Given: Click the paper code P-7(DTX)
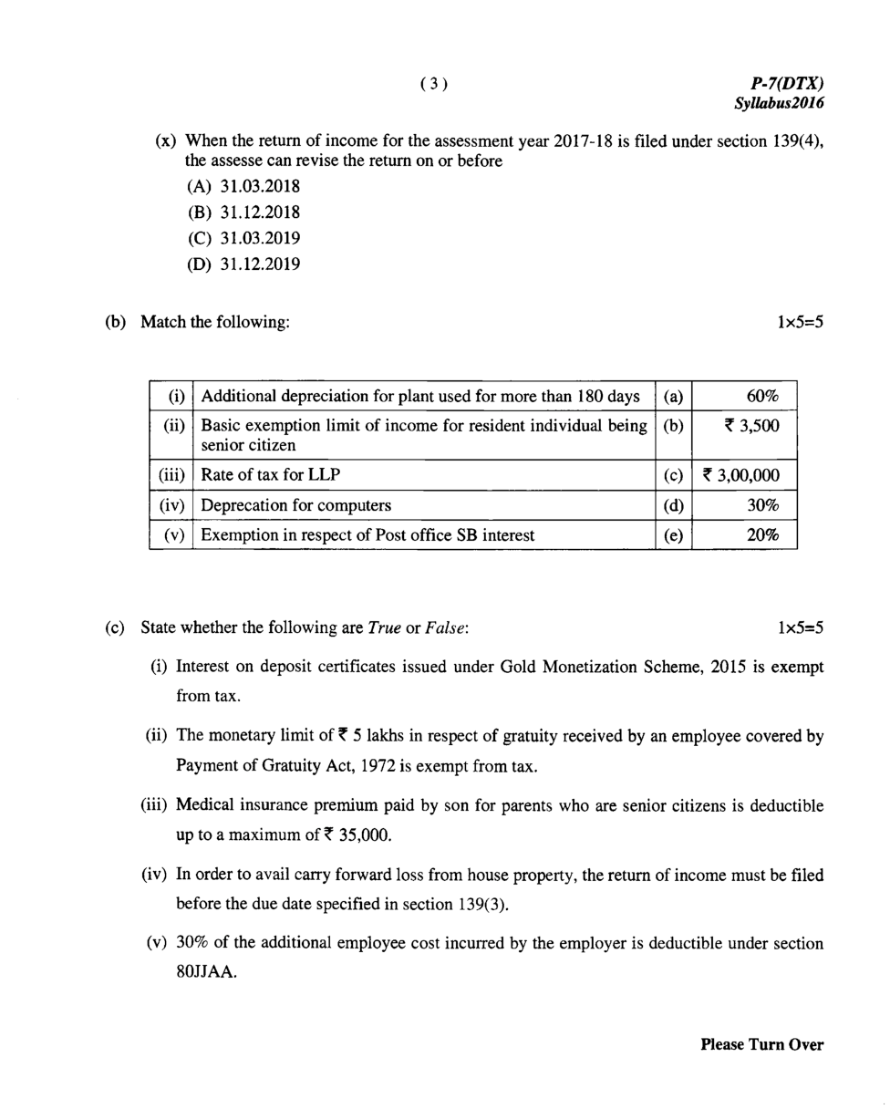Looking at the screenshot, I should click(x=787, y=84).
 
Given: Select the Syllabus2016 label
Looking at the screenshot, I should click(x=780, y=103).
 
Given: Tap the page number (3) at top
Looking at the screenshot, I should click(x=434, y=84).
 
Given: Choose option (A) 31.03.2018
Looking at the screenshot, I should click(x=243, y=187).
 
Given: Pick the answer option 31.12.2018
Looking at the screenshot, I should click(x=261, y=212).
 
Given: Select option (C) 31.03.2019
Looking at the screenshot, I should click(x=243, y=238).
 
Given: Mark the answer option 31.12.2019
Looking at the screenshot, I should click(x=261, y=264).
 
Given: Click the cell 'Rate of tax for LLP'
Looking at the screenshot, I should click(x=271, y=476).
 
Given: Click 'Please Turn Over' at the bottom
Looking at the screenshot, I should click(x=761, y=1045).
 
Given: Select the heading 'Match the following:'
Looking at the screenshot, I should click(x=215, y=322).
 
